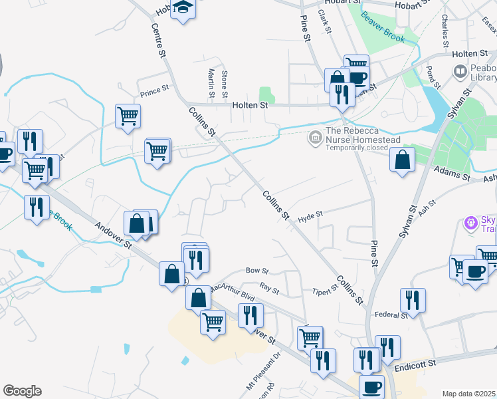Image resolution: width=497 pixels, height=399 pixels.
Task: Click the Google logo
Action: pyautogui.click(x=22, y=391)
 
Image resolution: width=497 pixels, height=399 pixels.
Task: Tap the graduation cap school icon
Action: pyautogui.click(x=181, y=9)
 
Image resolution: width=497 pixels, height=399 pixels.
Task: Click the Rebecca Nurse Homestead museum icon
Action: pyautogui.click(x=315, y=138)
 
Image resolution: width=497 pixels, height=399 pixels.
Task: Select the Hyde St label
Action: pyautogui.click(x=310, y=216)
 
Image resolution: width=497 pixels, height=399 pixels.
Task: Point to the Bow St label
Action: pyautogui.click(x=256, y=271)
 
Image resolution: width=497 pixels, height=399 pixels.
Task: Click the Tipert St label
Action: pyautogui.click(x=326, y=293)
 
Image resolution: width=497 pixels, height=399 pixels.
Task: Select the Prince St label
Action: pyautogui.click(x=155, y=87)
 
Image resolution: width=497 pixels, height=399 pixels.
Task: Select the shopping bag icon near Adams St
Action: pyautogui.click(x=402, y=160)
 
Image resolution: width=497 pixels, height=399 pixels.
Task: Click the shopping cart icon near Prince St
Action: pyautogui.click(x=128, y=116)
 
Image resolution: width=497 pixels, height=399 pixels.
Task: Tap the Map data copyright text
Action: pyautogui.click(x=469, y=394)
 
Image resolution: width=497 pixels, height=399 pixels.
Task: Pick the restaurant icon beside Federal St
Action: pyautogui.click(x=413, y=301)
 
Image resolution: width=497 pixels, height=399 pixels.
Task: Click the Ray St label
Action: pyautogui.click(x=269, y=289)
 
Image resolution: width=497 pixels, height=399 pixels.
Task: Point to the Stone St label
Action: pyautogui.click(x=225, y=84)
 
